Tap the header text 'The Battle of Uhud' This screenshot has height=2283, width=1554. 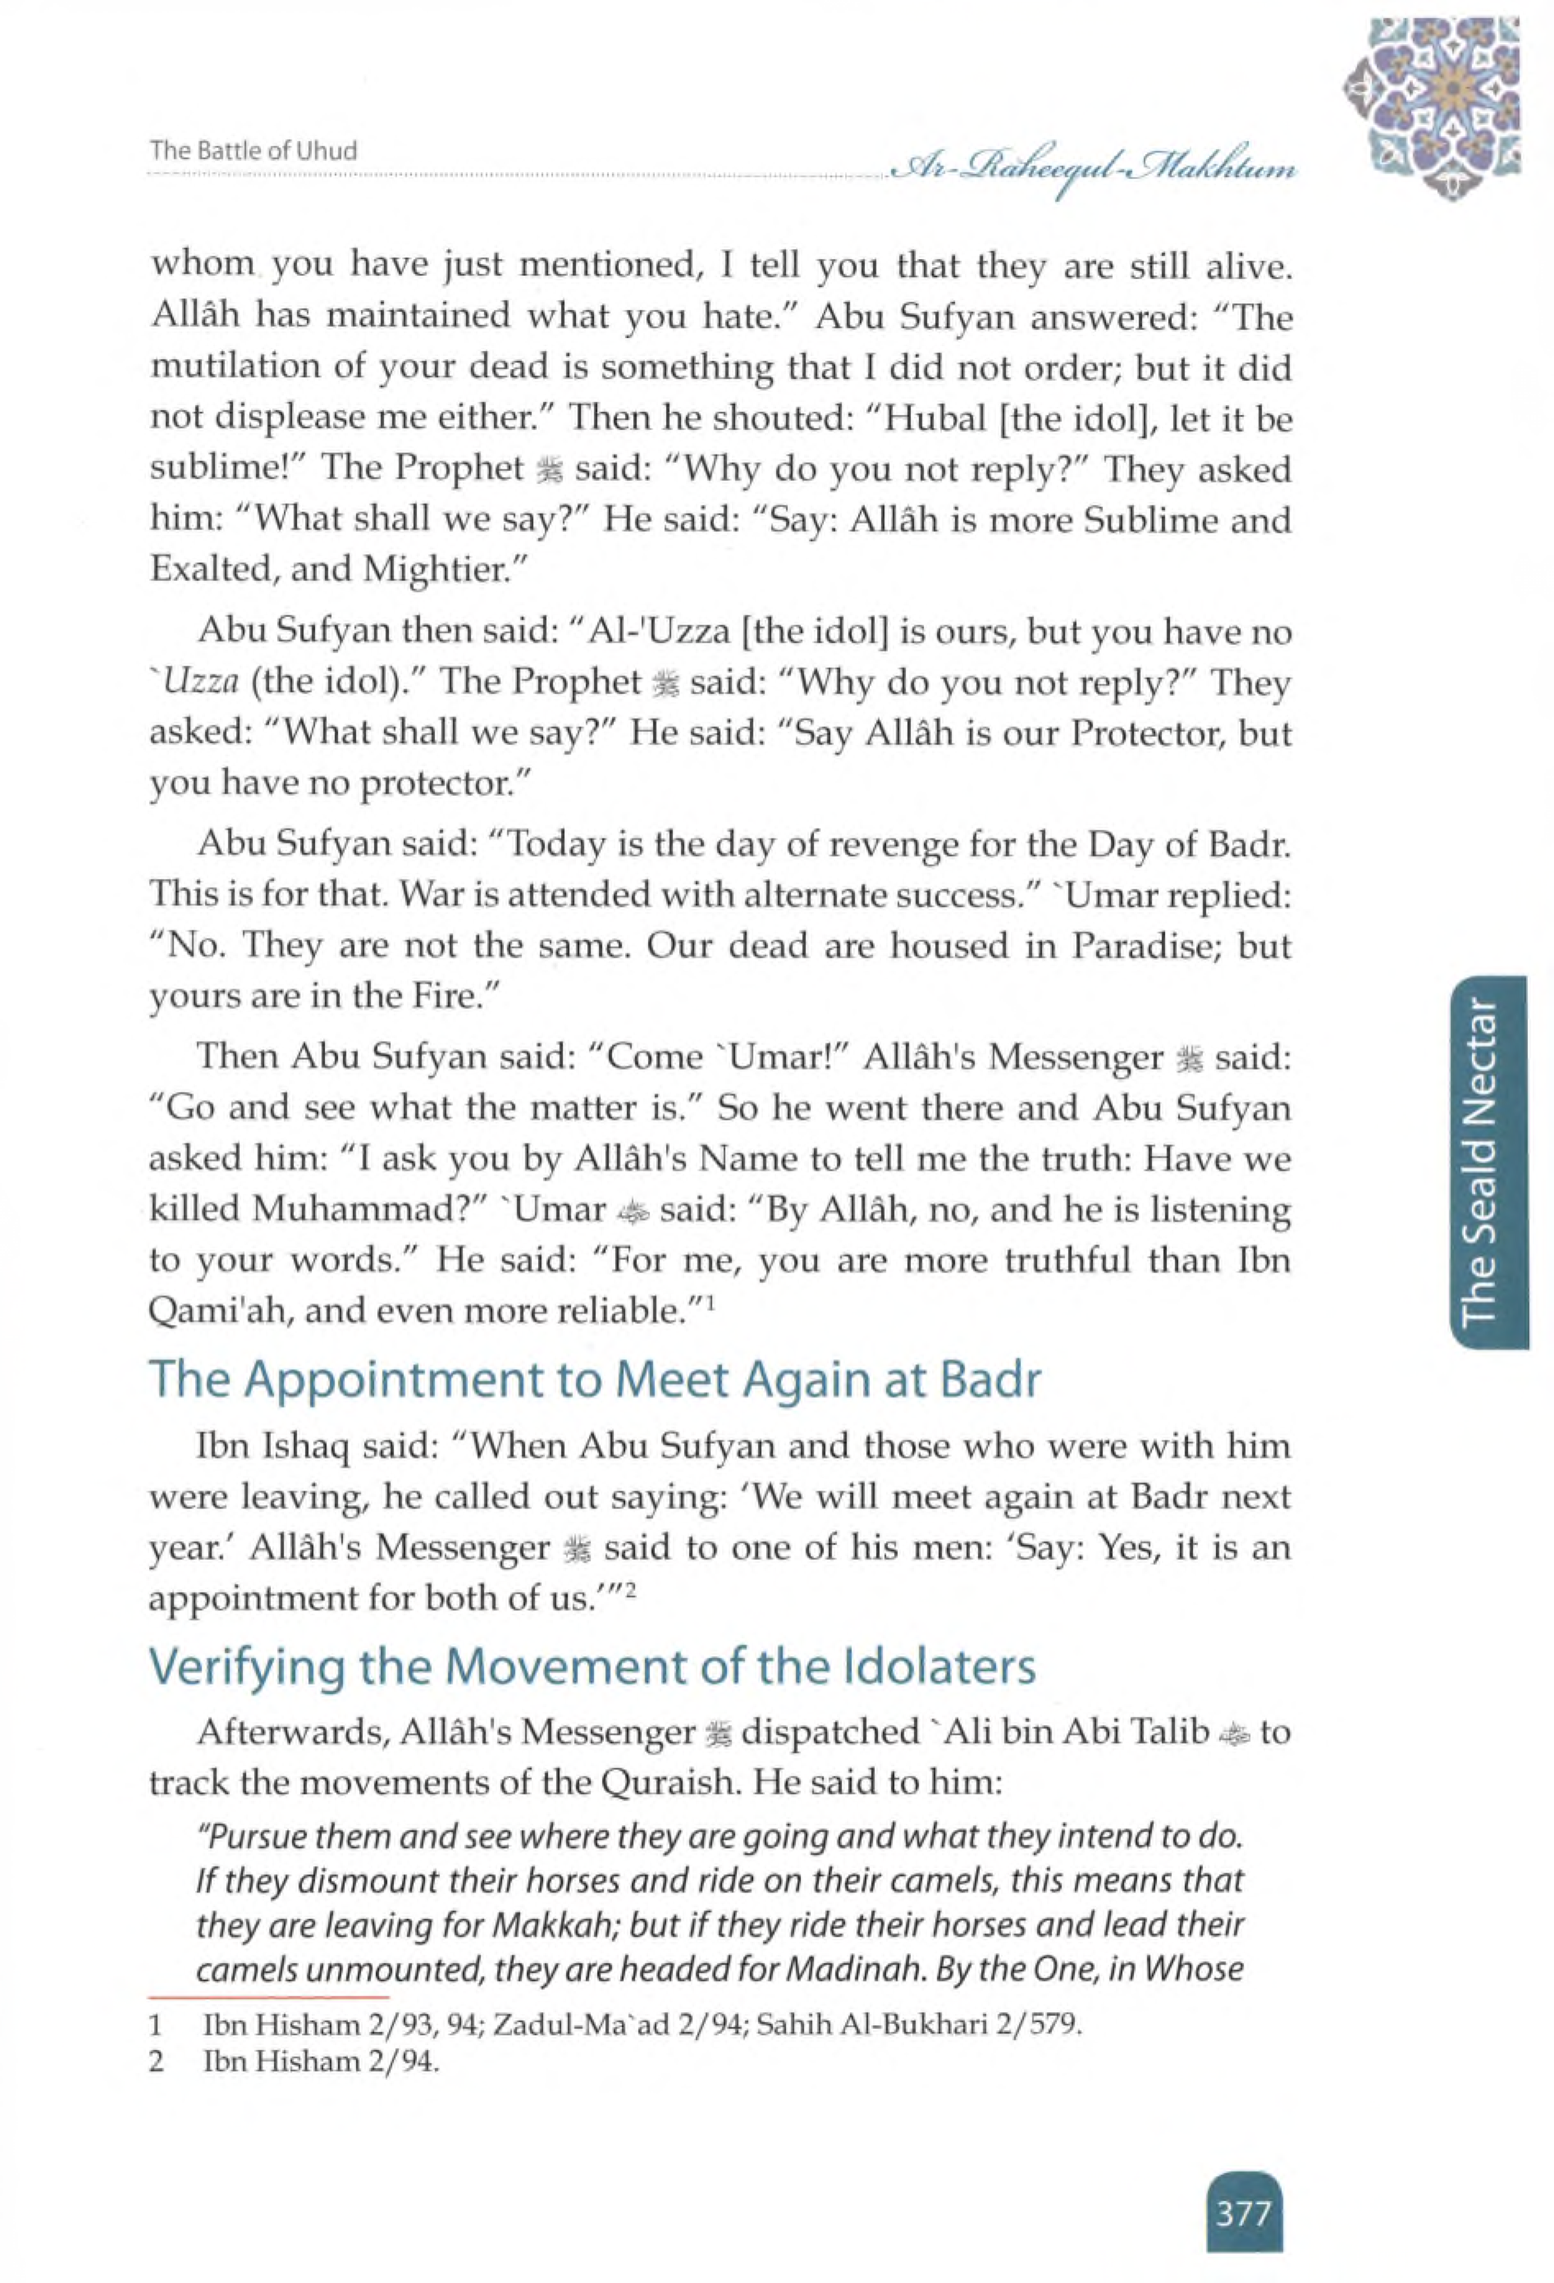(253, 151)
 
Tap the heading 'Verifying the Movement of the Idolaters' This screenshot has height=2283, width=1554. (592, 1667)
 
